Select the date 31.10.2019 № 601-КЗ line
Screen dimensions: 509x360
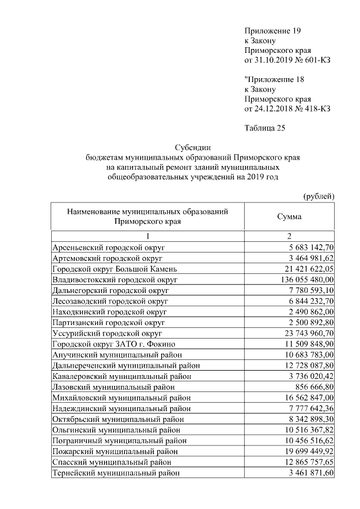pos(287,60)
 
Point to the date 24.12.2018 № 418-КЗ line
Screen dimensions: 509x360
pos(287,109)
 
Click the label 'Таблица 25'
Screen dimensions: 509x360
pos(265,128)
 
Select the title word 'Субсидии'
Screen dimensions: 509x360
pos(192,148)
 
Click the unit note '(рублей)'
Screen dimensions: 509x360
pos(319,196)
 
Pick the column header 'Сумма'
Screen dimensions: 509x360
pos(289,217)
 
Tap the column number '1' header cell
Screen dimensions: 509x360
pos(148,236)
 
